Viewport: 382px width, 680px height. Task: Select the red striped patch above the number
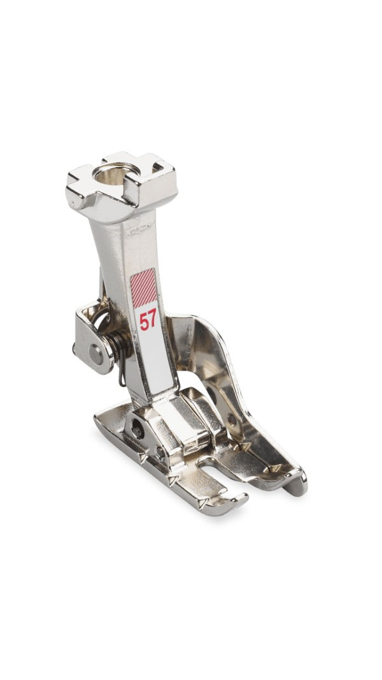(x=143, y=288)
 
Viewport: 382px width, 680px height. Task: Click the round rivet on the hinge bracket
(x=96, y=354)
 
